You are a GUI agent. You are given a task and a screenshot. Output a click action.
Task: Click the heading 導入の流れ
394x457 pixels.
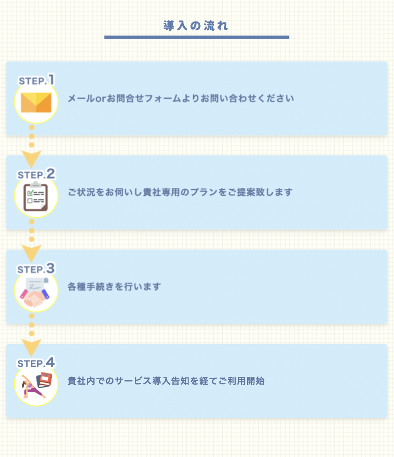click(196, 26)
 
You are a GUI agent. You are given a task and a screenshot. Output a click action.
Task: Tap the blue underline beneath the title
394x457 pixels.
click(196, 37)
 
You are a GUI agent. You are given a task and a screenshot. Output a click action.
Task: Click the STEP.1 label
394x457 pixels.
click(36, 80)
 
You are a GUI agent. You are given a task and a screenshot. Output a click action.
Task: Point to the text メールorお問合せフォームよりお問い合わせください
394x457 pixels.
click(181, 99)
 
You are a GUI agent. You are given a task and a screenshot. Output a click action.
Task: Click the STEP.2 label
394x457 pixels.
click(36, 174)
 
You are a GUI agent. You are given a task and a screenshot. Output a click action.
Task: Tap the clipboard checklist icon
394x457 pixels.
click(36, 196)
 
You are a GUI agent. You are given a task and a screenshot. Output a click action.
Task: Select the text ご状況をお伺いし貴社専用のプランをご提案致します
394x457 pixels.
click(180, 192)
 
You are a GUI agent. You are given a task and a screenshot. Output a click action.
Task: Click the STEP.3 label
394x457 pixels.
click(36, 269)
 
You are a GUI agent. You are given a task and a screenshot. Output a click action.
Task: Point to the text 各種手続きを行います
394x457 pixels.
click(114, 287)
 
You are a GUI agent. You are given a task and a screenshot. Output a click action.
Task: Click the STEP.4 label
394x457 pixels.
click(36, 363)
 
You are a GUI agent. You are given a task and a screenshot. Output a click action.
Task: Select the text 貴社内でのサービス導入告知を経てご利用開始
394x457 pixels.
click(166, 381)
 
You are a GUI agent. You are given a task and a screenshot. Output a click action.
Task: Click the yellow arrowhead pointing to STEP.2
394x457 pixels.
click(32, 159)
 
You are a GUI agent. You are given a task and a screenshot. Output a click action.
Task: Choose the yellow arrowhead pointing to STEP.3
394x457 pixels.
click(32, 253)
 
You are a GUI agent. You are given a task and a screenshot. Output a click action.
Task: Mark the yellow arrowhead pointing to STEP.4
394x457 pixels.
click(32, 347)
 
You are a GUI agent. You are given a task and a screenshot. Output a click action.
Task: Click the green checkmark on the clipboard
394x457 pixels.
click(30, 192)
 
